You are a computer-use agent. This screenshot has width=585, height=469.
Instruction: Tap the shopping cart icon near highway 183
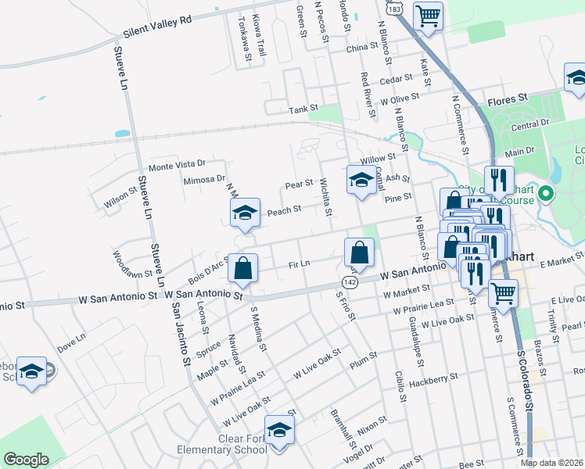(428, 16)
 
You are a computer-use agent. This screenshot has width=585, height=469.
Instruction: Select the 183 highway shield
(395, 9)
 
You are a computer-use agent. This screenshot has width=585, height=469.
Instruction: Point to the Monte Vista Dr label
(177, 165)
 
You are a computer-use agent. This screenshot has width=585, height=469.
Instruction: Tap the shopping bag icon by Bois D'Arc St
(242, 268)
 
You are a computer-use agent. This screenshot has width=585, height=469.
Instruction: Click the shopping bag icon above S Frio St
(359, 252)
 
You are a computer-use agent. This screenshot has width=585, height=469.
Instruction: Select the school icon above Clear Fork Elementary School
(279, 430)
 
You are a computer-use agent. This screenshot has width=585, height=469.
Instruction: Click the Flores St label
(504, 102)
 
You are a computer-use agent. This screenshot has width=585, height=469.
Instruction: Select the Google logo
(27, 459)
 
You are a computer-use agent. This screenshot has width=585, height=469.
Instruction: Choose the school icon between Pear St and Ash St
(360, 180)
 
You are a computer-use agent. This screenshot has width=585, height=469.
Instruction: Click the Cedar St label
(396, 80)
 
